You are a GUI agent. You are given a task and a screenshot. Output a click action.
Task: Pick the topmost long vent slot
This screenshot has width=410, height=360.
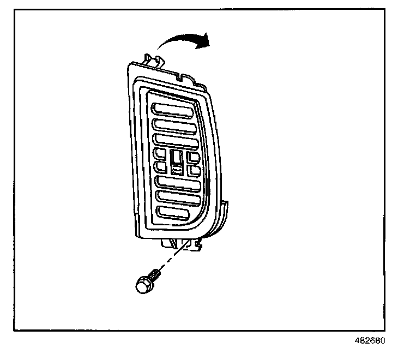click(172, 109)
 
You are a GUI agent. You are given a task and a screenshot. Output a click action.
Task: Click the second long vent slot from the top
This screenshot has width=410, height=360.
click(174, 125)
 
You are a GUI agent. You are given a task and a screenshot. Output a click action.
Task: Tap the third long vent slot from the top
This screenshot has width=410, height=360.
click(175, 141)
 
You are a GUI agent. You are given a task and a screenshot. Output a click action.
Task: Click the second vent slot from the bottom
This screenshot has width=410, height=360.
click(176, 197)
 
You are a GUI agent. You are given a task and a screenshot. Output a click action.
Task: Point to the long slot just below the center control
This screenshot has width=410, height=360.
click(177, 182)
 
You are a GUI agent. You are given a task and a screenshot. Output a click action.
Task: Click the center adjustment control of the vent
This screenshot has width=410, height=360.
click(177, 162)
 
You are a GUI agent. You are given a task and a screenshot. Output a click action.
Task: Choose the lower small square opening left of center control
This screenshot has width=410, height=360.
click(161, 166)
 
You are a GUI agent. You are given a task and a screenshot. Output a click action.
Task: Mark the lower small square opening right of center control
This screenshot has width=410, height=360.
click(194, 170)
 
